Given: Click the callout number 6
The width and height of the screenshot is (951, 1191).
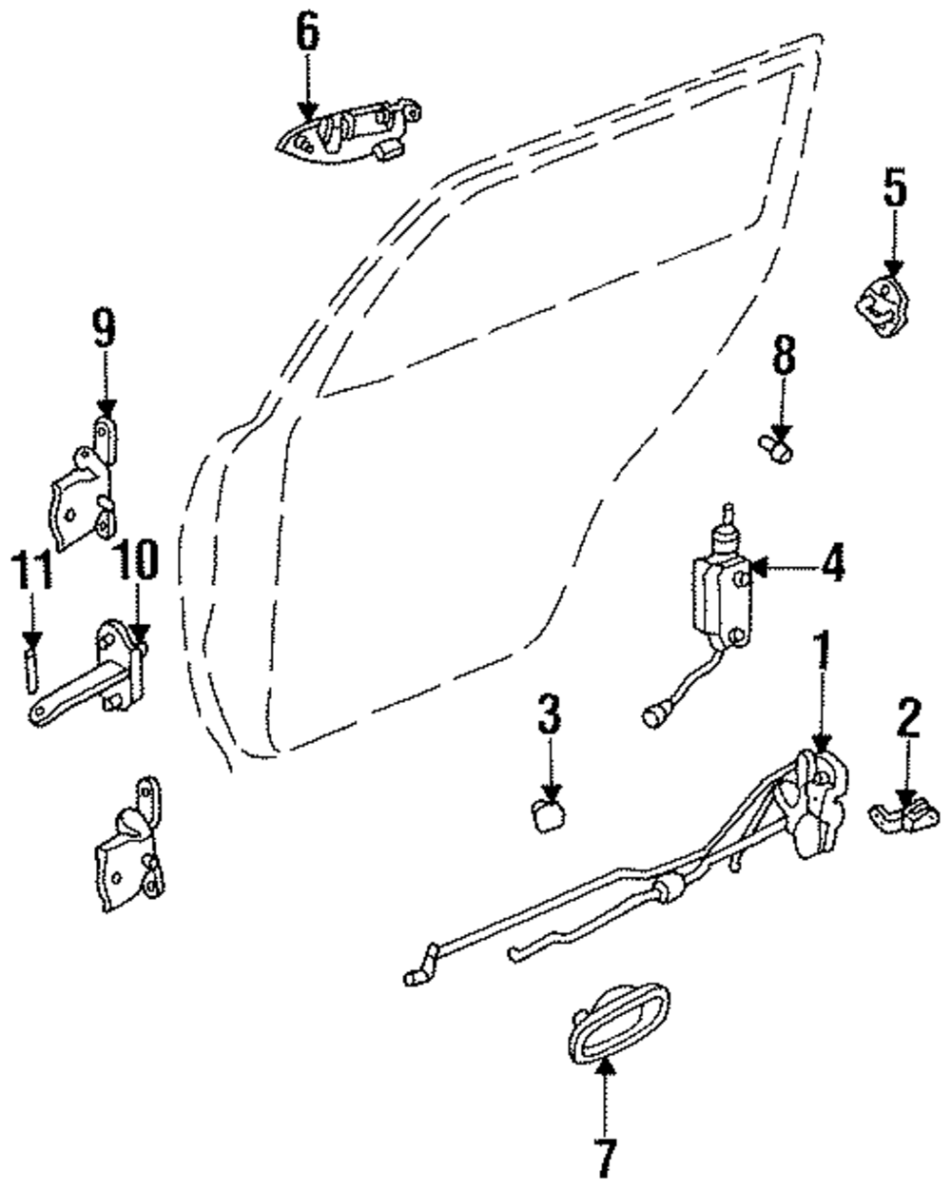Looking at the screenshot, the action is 307,33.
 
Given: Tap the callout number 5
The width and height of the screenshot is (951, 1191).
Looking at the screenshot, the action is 895,188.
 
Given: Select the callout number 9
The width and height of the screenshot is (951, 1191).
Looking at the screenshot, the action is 104,330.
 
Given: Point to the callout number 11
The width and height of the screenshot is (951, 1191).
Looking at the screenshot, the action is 31,569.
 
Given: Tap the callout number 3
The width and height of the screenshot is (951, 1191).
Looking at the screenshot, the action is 550,715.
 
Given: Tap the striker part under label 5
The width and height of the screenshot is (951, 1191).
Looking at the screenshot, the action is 883,307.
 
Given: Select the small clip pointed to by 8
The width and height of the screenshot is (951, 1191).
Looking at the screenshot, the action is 776,449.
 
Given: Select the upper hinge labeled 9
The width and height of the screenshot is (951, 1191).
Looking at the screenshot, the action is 84,485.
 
